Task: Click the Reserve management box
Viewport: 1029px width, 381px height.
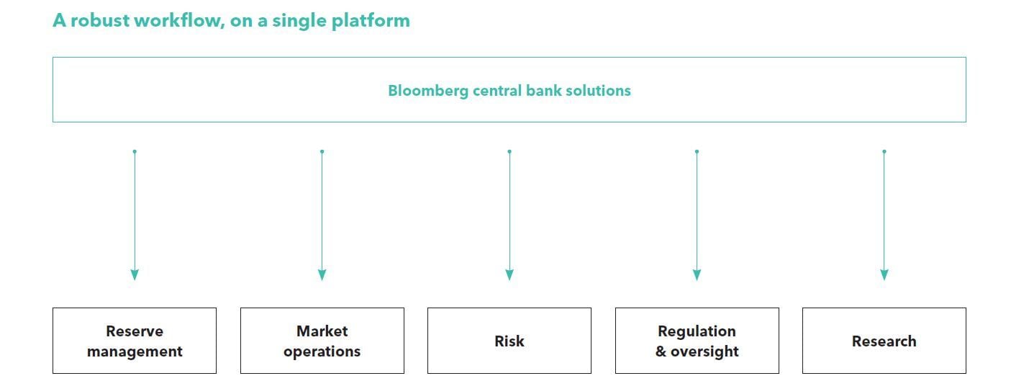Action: tap(135, 341)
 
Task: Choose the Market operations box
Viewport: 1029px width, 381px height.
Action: tap(322, 341)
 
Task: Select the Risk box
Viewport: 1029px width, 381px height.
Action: tap(509, 341)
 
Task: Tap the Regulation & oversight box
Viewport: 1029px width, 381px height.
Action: tap(697, 341)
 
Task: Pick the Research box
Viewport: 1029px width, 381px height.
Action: tap(884, 341)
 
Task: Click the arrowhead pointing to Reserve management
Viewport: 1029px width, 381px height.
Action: tap(135, 275)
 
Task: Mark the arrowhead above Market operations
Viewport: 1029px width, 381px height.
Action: tap(322, 275)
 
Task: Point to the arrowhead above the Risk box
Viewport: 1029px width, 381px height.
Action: tap(509, 275)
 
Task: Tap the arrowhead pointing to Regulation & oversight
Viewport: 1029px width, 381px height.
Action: tap(697, 275)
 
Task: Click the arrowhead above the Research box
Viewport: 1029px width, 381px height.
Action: tap(884, 275)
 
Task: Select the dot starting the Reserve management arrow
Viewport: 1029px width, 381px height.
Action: tap(135, 151)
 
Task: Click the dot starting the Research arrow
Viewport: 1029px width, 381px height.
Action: tap(884, 151)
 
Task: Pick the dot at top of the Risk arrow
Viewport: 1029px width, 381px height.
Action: tap(509, 151)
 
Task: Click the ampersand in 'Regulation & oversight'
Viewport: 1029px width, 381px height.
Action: tap(661, 351)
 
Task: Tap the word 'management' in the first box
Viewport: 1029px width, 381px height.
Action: tap(135, 351)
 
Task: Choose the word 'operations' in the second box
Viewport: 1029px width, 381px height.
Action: tap(322, 351)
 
